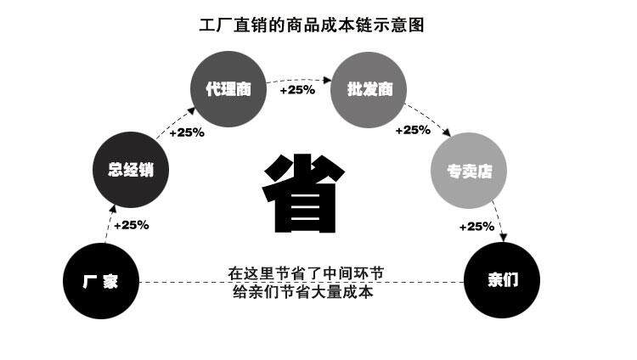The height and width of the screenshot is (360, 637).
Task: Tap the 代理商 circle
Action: click(228, 88)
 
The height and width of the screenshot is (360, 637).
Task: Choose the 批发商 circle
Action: click(364, 88)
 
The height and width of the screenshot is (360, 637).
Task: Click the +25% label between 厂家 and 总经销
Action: click(131, 225)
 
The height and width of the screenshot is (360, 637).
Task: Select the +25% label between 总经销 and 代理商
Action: click(187, 132)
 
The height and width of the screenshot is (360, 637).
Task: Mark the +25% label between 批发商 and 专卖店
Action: click(414, 130)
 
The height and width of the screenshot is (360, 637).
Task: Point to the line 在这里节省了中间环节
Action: click(306, 273)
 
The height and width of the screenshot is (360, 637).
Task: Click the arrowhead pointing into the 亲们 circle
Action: click(502, 239)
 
